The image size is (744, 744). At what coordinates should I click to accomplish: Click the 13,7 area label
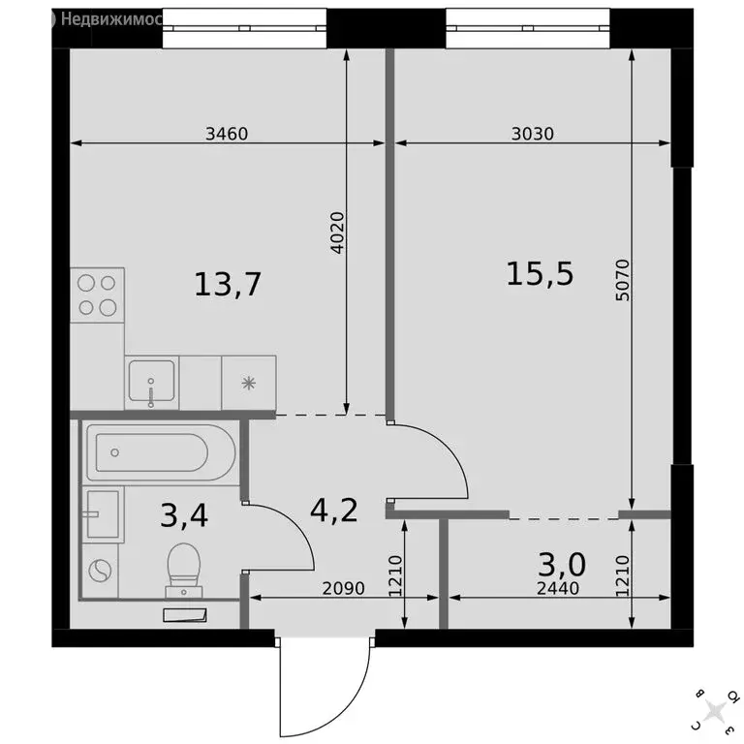click(229, 285)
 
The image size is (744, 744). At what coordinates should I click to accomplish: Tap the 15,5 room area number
click(541, 274)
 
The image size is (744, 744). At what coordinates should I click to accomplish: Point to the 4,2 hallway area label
click(334, 510)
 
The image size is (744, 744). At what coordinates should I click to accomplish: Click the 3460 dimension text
click(228, 135)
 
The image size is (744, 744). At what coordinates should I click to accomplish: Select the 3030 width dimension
click(532, 135)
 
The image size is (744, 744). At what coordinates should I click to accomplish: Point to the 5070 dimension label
click(622, 281)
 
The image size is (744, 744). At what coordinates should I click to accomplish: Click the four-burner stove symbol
click(98, 294)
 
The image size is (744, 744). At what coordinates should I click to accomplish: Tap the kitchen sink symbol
click(151, 382)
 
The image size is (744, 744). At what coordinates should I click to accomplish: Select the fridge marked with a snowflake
click(249, 382)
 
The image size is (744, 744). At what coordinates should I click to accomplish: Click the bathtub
click(159, 452)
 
